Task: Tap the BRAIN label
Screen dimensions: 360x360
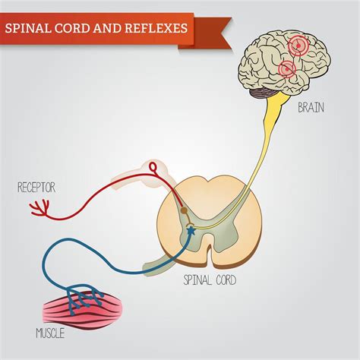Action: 311,107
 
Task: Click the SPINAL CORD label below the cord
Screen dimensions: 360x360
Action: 210,280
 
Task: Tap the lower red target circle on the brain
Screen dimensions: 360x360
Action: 287,70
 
